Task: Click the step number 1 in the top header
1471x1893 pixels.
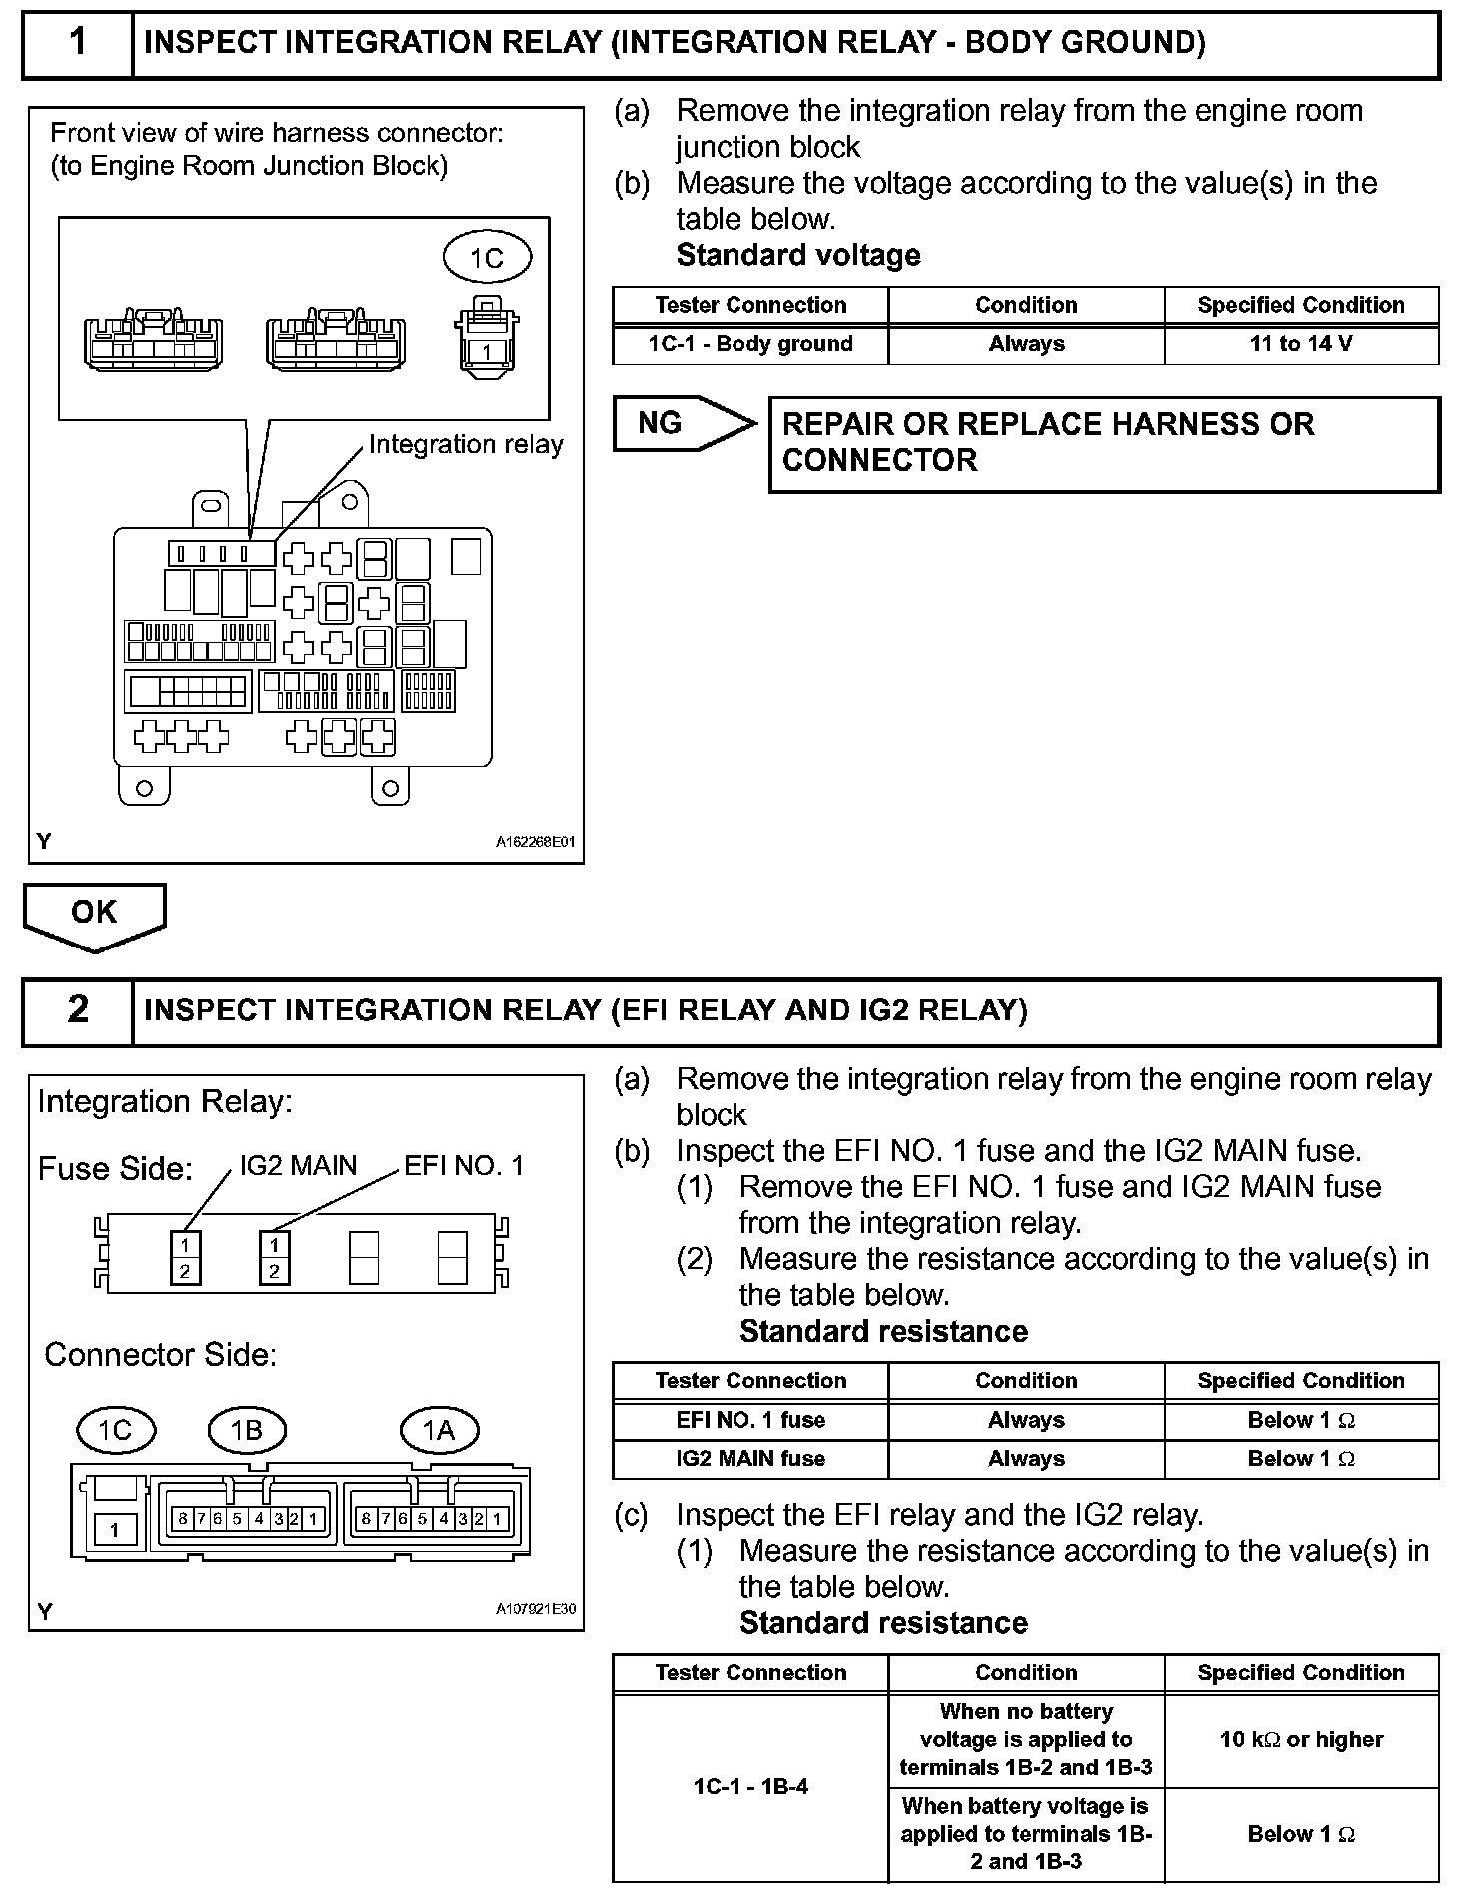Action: tap(77, 42)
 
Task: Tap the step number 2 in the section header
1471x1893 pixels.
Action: tap(77, 1010)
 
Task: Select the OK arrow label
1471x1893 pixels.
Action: tap(94, 912)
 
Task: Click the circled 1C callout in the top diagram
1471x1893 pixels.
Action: tap(487, 258)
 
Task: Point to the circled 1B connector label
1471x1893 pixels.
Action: tap(246, 1430)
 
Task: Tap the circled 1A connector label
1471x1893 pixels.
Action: tap(439, 1430)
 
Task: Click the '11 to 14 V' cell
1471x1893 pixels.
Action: tap(1301, 344)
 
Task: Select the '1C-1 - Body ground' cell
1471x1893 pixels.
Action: tap(750, 344)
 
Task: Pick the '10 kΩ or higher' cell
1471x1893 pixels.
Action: tap(1301, 1739)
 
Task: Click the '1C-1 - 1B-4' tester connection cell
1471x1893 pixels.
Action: tap(750, 1786)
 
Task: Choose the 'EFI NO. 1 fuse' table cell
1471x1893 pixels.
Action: tap(750, 1420)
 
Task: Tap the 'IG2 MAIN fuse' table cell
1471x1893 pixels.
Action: tap(750, 1458)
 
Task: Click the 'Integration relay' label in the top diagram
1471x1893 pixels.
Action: tap(466, 444)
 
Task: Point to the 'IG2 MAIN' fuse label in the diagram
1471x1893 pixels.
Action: tap(298, 1165)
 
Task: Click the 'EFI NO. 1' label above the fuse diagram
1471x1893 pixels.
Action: tap(464, 1165)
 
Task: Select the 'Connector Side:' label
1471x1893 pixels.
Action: tap(161, 1354)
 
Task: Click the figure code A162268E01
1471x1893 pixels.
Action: tap(536, 842)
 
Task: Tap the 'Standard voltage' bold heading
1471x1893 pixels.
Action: tap(798, 255)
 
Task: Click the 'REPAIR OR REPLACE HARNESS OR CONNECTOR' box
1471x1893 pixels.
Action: tap(1103, 443)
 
